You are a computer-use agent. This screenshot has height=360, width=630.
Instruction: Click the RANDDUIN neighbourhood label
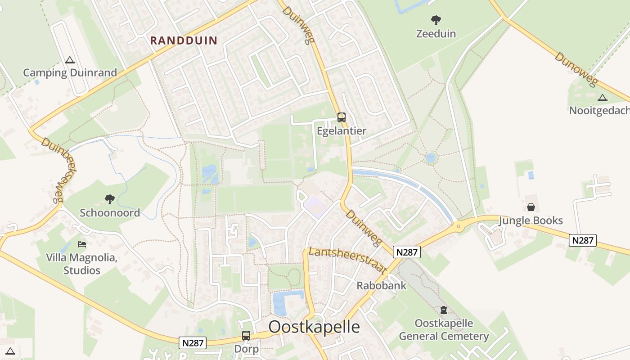(x=184, y=40)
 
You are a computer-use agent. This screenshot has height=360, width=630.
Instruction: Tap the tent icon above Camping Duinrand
(x=69, y=60)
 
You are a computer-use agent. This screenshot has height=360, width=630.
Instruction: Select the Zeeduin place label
(x=436, y=34)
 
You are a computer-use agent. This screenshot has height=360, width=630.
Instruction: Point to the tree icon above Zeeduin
(x=436, y=20)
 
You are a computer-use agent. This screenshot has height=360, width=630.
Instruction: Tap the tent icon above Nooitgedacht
(x=602, y=98)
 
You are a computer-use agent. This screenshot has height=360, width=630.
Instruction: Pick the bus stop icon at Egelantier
(x=342, y=117)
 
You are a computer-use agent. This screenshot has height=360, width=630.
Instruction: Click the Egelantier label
(x=342, y=131)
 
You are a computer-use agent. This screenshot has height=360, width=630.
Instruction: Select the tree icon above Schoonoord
(x=110, y=199)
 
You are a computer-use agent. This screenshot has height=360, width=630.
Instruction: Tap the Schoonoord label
(x=110, y=213)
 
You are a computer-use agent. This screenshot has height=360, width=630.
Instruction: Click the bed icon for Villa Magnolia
(x=82, y=244)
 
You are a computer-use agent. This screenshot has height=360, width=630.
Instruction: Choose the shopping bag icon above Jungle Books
(x=531, y=207)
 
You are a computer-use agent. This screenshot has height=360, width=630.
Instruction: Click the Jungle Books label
(x=531, y=220)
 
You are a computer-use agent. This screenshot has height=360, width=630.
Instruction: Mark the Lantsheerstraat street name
(x=347, y=260)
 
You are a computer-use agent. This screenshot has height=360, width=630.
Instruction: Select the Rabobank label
(x=381, y=285)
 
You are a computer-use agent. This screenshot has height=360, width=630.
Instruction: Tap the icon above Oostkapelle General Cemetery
(x=444, y=310)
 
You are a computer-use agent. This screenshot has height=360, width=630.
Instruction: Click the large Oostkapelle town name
(x=314, y=327)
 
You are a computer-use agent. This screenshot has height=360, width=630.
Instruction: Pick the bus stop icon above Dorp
(x=246, y=335)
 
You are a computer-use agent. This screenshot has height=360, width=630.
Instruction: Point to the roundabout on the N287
(x=459, y=226)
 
